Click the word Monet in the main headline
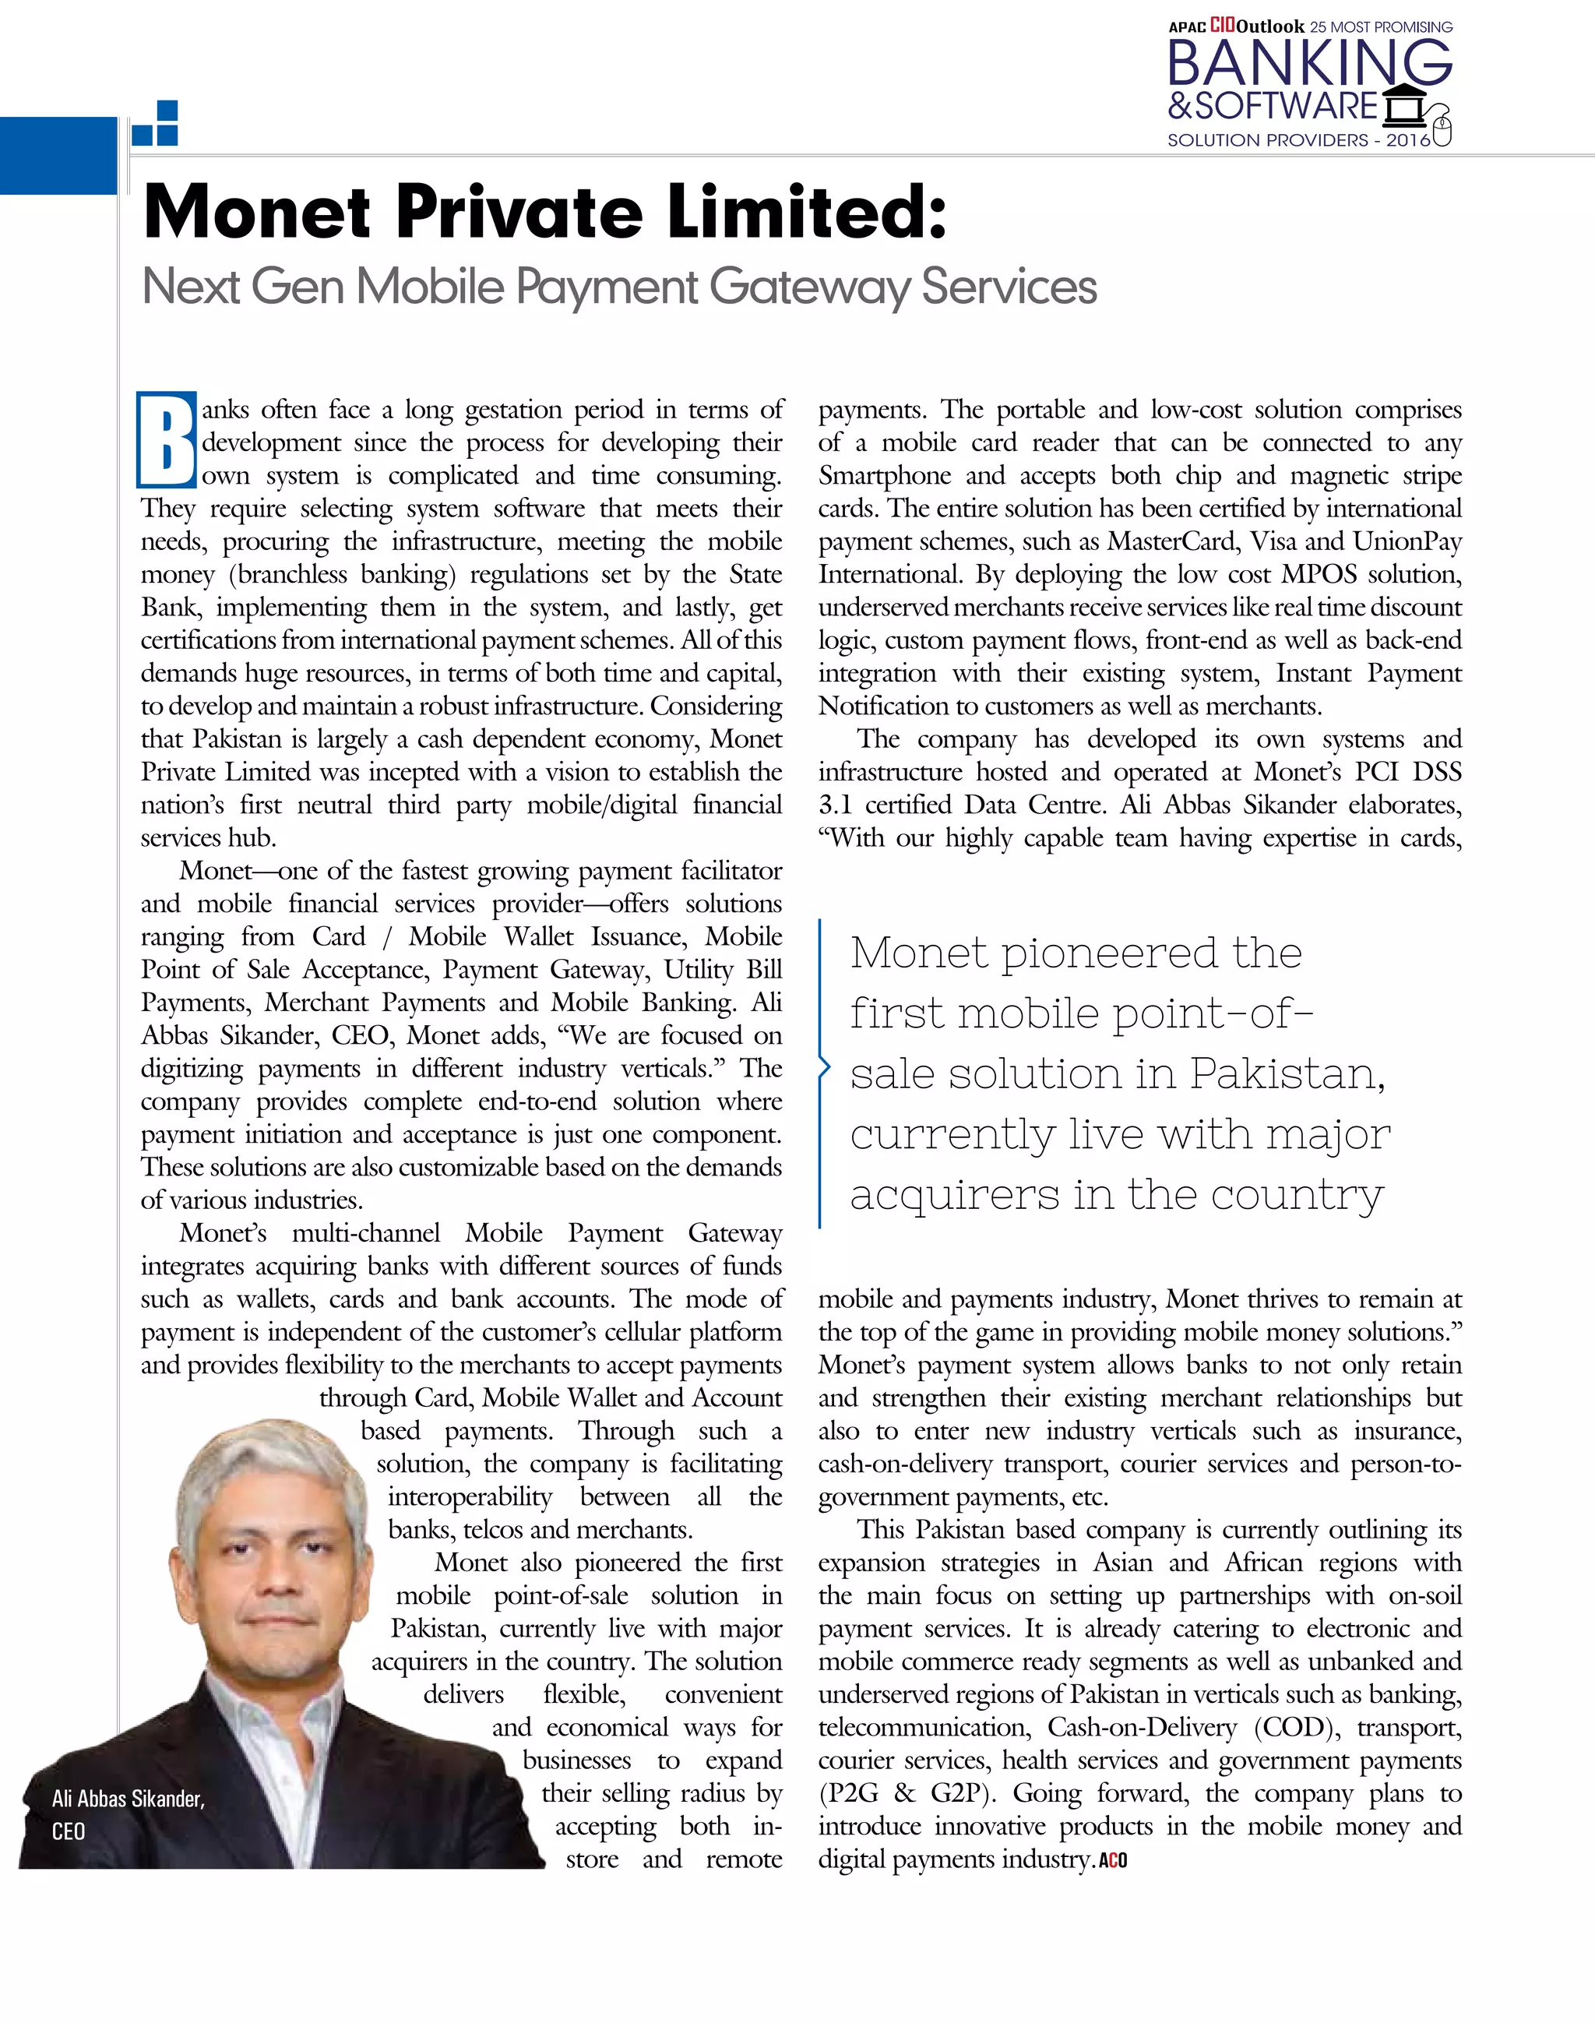(x=258, y=212)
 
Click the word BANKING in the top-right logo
(x=1309, y=64)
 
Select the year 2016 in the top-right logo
(x=1407, y=140)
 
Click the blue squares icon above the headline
(x=156, y=123)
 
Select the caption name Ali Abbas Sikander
(x=128, y=1799)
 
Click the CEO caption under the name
(x=69, y=1831)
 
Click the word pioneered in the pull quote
(x=1108, y=953)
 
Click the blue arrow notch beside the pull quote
(x=824, y=1067)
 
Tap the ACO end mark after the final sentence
(x=1112, y=1860)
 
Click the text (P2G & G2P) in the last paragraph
(x=897, y=1794)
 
